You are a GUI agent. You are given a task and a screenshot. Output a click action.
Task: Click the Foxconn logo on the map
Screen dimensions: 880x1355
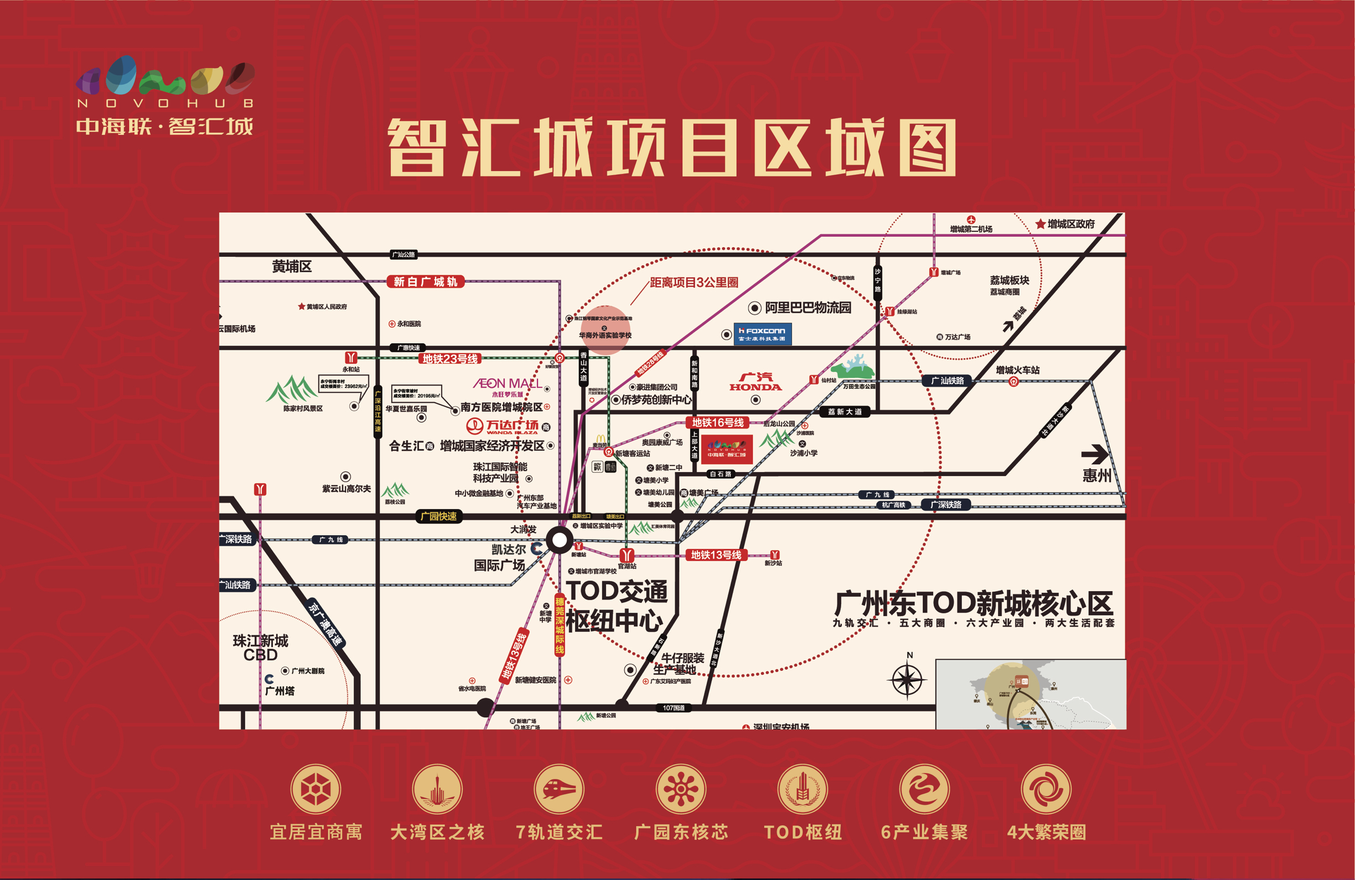click(x=762, y=334)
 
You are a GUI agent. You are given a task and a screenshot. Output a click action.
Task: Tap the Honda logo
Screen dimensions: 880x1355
click(x=756, y=382)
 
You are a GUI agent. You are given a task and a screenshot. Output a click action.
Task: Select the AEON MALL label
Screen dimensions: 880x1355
click(x=507, y=384)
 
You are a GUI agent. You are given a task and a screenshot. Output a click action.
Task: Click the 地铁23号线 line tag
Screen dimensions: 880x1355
click(x=450, y=359)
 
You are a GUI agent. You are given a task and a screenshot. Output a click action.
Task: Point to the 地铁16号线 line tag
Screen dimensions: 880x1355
click(x=717, y=422)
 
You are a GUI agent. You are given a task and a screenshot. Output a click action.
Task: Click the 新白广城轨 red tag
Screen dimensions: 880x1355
click(x=425, y=282)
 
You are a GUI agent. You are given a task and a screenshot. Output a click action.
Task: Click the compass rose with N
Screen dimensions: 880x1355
click(x=907, y=680)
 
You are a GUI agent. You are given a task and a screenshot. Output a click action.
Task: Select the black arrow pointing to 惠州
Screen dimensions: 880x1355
click(x=1094, y=454)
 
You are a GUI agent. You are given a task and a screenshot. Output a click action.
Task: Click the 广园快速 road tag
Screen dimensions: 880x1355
click(x=438, y=516)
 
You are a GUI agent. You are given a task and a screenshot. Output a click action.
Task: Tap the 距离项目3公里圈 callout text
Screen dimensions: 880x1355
click(x=694, y=282)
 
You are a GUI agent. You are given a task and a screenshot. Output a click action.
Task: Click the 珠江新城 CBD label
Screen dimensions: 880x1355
click(x=260, y=648)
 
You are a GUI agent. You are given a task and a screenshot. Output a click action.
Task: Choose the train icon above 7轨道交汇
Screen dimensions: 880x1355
click(x=558, y=789)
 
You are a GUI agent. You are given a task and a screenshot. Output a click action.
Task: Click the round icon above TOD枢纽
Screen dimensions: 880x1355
click(x=803, y=789)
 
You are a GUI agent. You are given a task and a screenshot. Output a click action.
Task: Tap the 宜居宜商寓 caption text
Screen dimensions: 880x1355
click(x=316, y=832)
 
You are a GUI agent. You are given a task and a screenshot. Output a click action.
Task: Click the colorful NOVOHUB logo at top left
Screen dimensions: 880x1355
click(x=165, y=77)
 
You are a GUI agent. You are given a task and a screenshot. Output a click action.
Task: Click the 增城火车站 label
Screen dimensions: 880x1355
click(x=1017, y=370)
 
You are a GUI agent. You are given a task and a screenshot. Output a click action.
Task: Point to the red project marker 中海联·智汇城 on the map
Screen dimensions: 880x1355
click(x=726, y=449)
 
